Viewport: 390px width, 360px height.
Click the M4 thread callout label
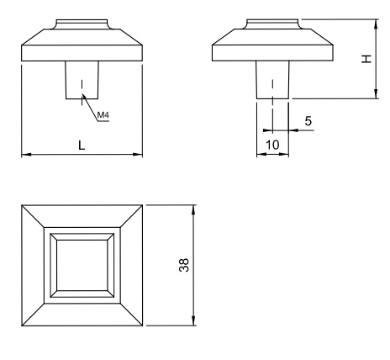103,114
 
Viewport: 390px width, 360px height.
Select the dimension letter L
82,146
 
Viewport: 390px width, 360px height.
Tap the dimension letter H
366,59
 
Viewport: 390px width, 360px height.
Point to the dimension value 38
184,265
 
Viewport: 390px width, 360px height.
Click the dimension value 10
272,145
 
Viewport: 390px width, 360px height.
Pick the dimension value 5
308,121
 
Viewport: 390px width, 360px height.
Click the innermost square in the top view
82,265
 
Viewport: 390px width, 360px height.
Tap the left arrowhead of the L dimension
26,154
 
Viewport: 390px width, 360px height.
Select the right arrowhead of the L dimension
138,154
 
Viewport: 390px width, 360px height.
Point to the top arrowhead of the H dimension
376,24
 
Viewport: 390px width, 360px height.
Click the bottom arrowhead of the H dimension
376,94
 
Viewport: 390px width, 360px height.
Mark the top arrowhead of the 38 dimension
193,209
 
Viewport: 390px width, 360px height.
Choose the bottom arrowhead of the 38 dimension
193,321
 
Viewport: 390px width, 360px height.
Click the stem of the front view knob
82,80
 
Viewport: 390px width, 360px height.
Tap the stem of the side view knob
272,80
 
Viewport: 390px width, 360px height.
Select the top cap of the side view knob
272,24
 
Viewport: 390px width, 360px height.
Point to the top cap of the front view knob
82,24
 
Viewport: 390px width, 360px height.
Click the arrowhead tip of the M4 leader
82,94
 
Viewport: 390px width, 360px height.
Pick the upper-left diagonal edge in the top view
33,216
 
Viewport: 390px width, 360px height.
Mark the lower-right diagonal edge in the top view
131,315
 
